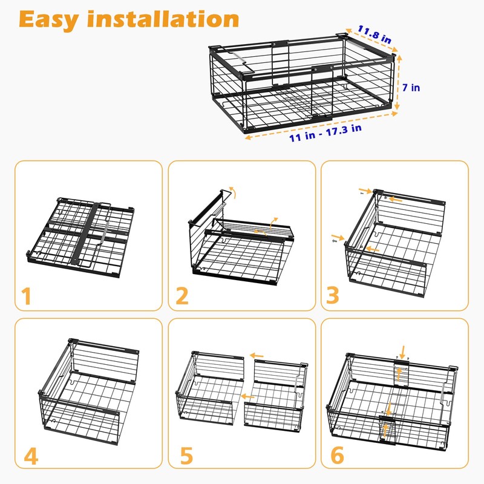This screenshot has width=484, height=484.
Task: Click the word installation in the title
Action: coord(163,19)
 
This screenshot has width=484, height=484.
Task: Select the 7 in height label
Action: coord(411,88)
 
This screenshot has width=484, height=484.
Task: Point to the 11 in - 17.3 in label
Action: coord(325,132)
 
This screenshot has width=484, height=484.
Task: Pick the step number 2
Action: coord(181,296)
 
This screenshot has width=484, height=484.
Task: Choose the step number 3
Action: coord(333,296)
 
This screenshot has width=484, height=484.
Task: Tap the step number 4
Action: coord(29,456)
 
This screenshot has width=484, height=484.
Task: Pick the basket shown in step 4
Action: coord(80,387)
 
